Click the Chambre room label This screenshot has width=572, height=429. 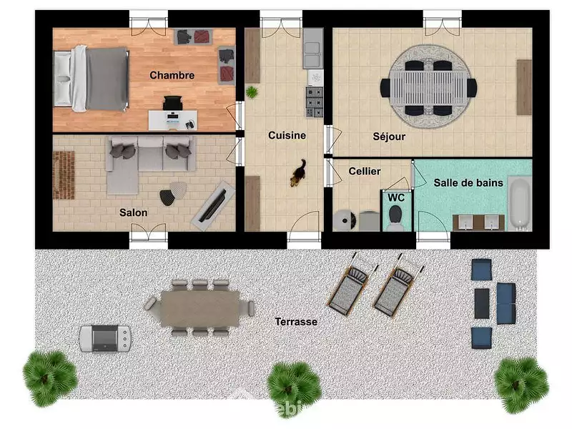(172, 75)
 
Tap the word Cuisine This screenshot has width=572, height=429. (287, 135)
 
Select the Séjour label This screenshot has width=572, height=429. (389, 137)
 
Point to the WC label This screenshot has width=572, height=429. (396, 197)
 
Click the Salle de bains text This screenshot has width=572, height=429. (468, 182)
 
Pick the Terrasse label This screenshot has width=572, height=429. (296, 322)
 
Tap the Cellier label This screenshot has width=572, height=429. (365, 171)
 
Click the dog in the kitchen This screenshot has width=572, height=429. (298, 173)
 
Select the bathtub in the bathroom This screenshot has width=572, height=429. (520, 204)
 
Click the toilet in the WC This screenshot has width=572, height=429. (395, 218)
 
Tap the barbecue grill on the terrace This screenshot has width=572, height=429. (105, 338)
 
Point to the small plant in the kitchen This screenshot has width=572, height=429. (252, 92)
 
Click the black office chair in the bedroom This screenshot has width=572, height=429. (172, 103)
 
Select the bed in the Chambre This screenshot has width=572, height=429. (92, 79)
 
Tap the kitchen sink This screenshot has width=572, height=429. (313, 55)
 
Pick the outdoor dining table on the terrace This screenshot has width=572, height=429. (200, 309)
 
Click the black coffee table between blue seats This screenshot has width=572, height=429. (482, 303)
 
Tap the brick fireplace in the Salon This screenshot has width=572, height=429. (64, 175)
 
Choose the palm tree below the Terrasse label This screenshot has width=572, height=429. (294, 385)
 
